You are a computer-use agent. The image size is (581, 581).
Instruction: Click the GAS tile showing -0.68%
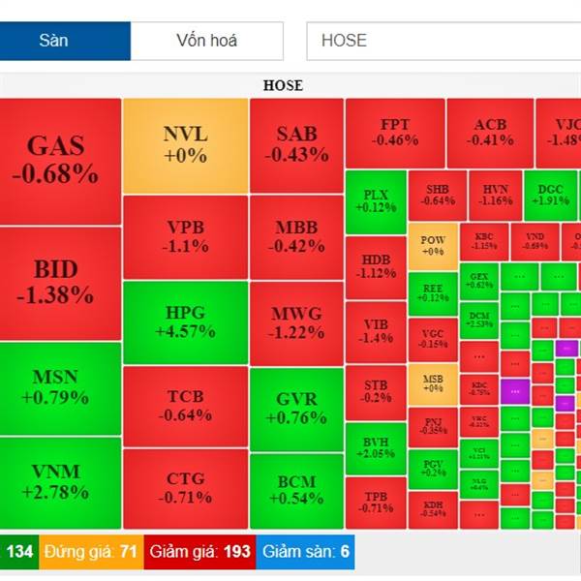[x=60, y=160]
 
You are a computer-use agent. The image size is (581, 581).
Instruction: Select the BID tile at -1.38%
[x=60, y=282]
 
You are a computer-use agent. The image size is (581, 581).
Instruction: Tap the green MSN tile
[x=60, y=387]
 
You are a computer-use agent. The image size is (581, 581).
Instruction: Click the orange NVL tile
[x=185, y=145]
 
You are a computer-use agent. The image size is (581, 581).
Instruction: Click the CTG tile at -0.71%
[x=185, y=489]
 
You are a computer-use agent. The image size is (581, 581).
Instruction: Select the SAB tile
[x=296, y=145]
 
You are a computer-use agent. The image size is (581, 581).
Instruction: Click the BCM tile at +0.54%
[x=296, y=490]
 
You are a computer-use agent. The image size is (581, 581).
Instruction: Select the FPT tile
[x=395, y=133]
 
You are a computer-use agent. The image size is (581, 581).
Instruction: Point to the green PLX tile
[x=376, y=200]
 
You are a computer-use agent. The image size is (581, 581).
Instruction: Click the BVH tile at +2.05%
[x=376, y=446]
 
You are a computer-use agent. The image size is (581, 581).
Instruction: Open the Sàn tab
[x=65, y=41]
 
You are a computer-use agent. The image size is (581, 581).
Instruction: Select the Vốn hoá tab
[x=206, y=41]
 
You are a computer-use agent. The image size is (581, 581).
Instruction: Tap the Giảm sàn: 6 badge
[x=306, y=552]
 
